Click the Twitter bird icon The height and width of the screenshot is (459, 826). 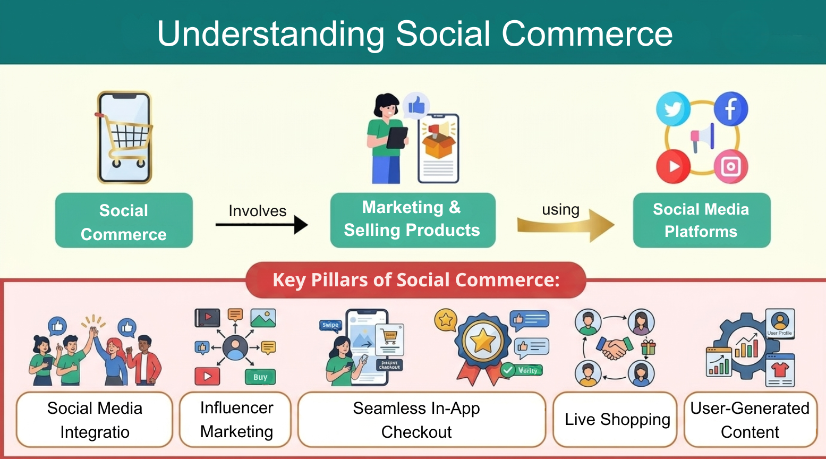pos(673,109)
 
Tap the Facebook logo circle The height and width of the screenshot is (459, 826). pos(730,108)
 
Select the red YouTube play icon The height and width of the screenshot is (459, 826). pos(673,166)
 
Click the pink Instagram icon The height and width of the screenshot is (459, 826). pos(730,167)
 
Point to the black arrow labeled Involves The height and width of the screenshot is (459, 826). pos(261,225)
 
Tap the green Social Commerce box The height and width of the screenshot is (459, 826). pos(124,220)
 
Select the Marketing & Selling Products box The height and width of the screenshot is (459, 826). pos(413,219)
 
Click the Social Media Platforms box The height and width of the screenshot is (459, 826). pos(701,220)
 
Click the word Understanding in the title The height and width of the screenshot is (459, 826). pos(270,34)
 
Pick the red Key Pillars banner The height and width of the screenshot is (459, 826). pos(415,280)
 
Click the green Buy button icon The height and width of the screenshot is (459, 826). pos(260,377)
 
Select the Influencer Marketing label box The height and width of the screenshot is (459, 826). pos(236,420)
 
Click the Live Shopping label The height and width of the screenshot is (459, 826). pos(616,420)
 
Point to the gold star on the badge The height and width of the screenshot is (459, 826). pos(482,341)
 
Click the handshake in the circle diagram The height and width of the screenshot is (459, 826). pos(614,348)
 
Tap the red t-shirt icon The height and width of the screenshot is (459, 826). pos(780,369)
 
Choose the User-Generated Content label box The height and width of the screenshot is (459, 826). pos(750,420)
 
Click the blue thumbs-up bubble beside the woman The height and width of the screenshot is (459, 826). pos(416,105)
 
